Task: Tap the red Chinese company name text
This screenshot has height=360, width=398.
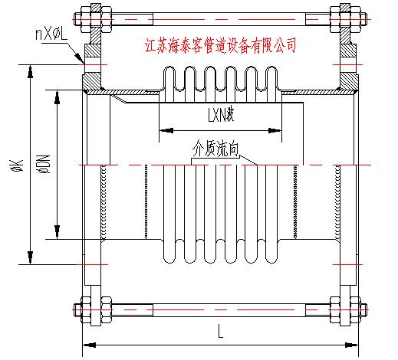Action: (x=220, y=45)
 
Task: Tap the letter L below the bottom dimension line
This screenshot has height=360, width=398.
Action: (x=220, y=332)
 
